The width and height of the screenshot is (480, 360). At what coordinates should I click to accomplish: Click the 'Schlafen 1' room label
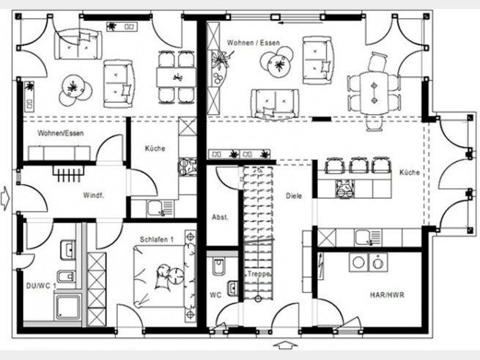point(157,239)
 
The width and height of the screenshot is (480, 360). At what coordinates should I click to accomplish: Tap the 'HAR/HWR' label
point(387,295)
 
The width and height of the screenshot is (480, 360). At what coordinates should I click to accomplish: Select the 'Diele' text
point(294,196)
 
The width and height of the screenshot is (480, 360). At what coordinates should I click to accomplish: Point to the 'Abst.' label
point(220,217)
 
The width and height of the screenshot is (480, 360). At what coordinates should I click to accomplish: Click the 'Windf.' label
point(93,195)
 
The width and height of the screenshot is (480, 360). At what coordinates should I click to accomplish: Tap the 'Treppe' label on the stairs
point(259,274)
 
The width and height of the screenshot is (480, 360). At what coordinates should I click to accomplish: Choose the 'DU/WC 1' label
point(41,286)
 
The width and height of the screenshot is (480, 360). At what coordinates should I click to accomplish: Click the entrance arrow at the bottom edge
point(285,345)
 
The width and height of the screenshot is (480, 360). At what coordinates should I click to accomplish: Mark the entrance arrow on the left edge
point(5,199)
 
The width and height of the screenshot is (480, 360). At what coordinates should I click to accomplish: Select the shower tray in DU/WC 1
point(68,307)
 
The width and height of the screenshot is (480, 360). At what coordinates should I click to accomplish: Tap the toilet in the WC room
point(218,266)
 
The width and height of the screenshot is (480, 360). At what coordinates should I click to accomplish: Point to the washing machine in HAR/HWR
point(378,262)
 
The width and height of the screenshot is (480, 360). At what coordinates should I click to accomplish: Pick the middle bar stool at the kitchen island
point(358,165)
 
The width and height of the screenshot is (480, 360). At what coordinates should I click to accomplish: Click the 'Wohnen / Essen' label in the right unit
point(254,43)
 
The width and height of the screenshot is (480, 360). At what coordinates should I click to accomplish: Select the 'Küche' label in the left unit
point(155,149)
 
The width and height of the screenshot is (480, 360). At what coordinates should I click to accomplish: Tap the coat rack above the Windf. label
point(69,174)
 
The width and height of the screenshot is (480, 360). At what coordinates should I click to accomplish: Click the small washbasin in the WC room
point(232,288)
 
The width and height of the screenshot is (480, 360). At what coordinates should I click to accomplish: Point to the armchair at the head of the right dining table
point(377,62)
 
